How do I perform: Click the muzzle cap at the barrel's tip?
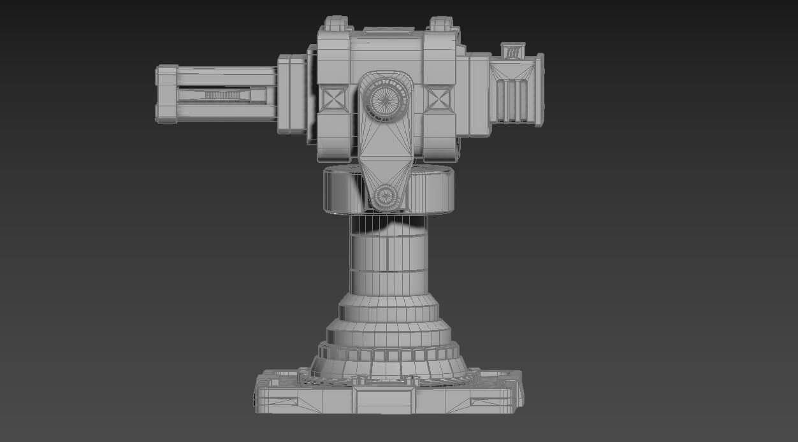166,93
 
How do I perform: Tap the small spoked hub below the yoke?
385,197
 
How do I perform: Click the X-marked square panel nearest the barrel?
333,99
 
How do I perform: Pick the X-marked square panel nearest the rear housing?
439,99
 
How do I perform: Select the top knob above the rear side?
440,24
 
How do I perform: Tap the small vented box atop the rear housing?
512,51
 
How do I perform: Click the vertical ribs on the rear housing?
511,101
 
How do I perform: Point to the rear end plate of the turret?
539,90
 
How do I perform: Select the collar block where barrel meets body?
292,94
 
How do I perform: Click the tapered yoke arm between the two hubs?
385,150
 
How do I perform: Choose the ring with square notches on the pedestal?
389,354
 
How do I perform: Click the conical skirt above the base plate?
389,368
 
